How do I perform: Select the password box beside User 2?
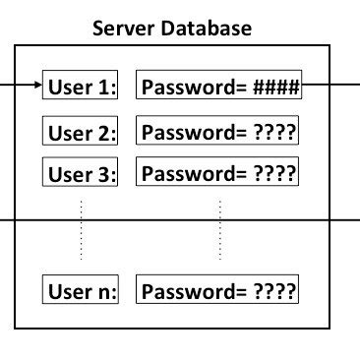(x=217, y=131)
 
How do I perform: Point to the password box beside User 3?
(x=217, y=174)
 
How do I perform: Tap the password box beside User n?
(x=217, y=291)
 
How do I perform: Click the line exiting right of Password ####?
(x=330, y=86)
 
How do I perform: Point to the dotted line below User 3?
(x=82, y=228)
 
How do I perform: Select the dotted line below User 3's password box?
(x=218, y=228)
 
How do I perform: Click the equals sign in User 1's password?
(x=240, y=88)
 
